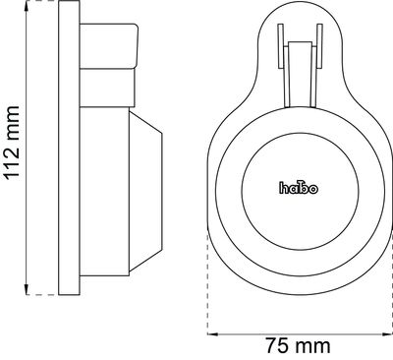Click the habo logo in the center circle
299,187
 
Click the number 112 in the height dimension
13,160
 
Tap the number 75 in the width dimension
277,347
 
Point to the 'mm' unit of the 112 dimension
13,120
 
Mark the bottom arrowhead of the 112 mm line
27,289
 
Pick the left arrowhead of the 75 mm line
213,334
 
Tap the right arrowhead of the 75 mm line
386,334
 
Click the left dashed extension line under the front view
207,282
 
